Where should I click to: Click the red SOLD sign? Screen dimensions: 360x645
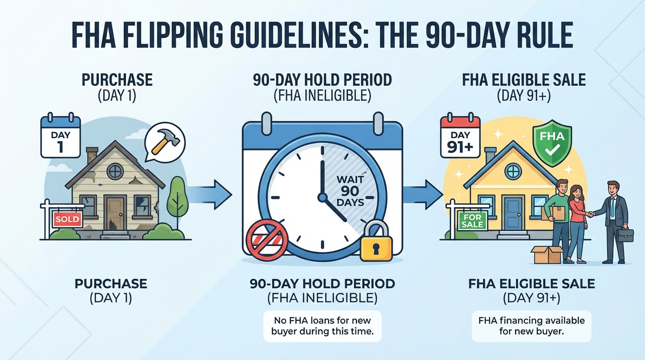point(67,219)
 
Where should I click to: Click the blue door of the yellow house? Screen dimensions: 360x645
point(513,213)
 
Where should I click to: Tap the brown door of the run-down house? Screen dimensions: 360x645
point(115,214)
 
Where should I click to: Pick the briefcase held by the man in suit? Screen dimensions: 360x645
point(625,235)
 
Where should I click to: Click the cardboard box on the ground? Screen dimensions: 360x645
point(547,255)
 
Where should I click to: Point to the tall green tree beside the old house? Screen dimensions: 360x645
point(177,199)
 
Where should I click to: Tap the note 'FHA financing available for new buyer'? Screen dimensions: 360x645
point(532,326)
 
